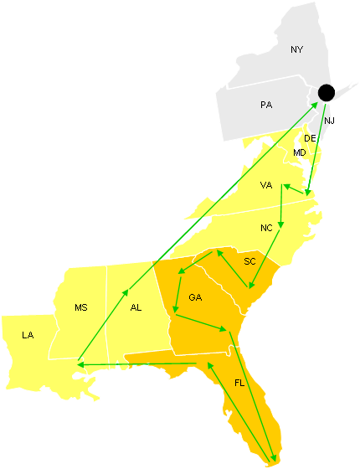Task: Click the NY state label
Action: coord(296,50)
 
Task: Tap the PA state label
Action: coord(266,106)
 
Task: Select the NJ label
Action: coord(329,121)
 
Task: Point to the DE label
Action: coord(310,138)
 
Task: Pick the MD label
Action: coord(300,152)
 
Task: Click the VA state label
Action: coord(266,185)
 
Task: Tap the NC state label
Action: coord(266,228)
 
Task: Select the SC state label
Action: coord(249,261)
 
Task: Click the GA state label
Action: coord(195,297)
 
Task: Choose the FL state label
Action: coord(239,383)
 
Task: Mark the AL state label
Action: coord(136,307)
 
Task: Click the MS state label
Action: coord(81,307)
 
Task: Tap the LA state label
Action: coord(28,335)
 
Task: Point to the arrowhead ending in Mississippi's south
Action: coord(78,363)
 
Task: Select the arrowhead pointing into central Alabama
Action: coord(126,293)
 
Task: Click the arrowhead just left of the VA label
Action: coord(285,185)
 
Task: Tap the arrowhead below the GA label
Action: coord(174,314)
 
